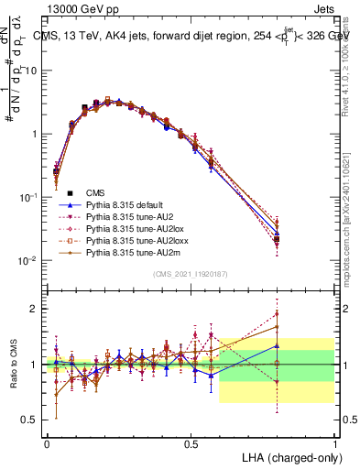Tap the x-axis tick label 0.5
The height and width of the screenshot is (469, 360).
click(191, 443)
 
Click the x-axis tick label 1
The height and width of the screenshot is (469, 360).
click(334, 443)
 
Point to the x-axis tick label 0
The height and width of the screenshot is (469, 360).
click(48, 443)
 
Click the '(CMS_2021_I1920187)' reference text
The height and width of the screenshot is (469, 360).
click(191, 274)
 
